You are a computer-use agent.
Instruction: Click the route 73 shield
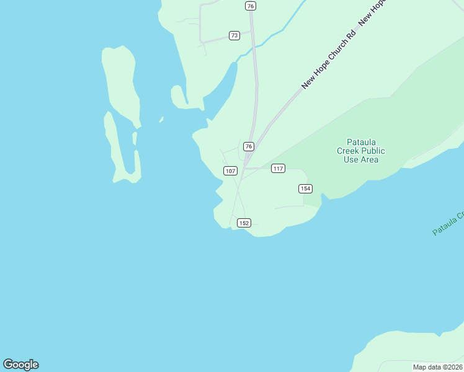pyautogui.click(x=234, y=35)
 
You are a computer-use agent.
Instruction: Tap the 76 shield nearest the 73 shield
pyautogui.click(x=250, y=6)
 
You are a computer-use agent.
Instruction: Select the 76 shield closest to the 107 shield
pyautogui.click(x=248, y=146)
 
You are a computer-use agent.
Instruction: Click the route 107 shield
pyautogui.click(x=230, y=170)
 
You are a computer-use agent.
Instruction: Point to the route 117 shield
pyautogui.click(x=277, y=169)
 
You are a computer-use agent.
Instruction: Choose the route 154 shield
pyautogui.click(x=305, y=188)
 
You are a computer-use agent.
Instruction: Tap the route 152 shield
pyautogui.click(x=244, y=223)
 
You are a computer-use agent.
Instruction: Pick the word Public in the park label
pyautogui.click(x=373, y=151)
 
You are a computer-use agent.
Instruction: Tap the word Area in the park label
pyautogui.click(x=370, y=159)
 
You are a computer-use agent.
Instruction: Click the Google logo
pyautogui.click(x=20, y=365)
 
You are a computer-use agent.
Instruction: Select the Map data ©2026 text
pyautogui.click(x=437, y=367)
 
